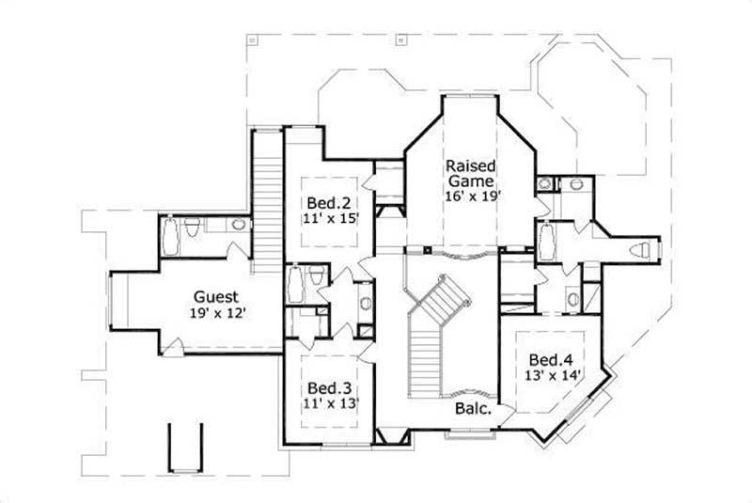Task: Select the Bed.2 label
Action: point(328,202)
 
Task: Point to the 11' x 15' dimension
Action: point(328,218)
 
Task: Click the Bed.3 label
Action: point(328,387)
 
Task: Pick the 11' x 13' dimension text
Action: point(328,403)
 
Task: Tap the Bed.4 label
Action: point(550,359)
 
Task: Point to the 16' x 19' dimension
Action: point(476,196)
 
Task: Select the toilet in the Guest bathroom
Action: point(192,228)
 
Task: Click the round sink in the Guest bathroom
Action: point(238,225)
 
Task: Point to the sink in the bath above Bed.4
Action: point(573,300)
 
